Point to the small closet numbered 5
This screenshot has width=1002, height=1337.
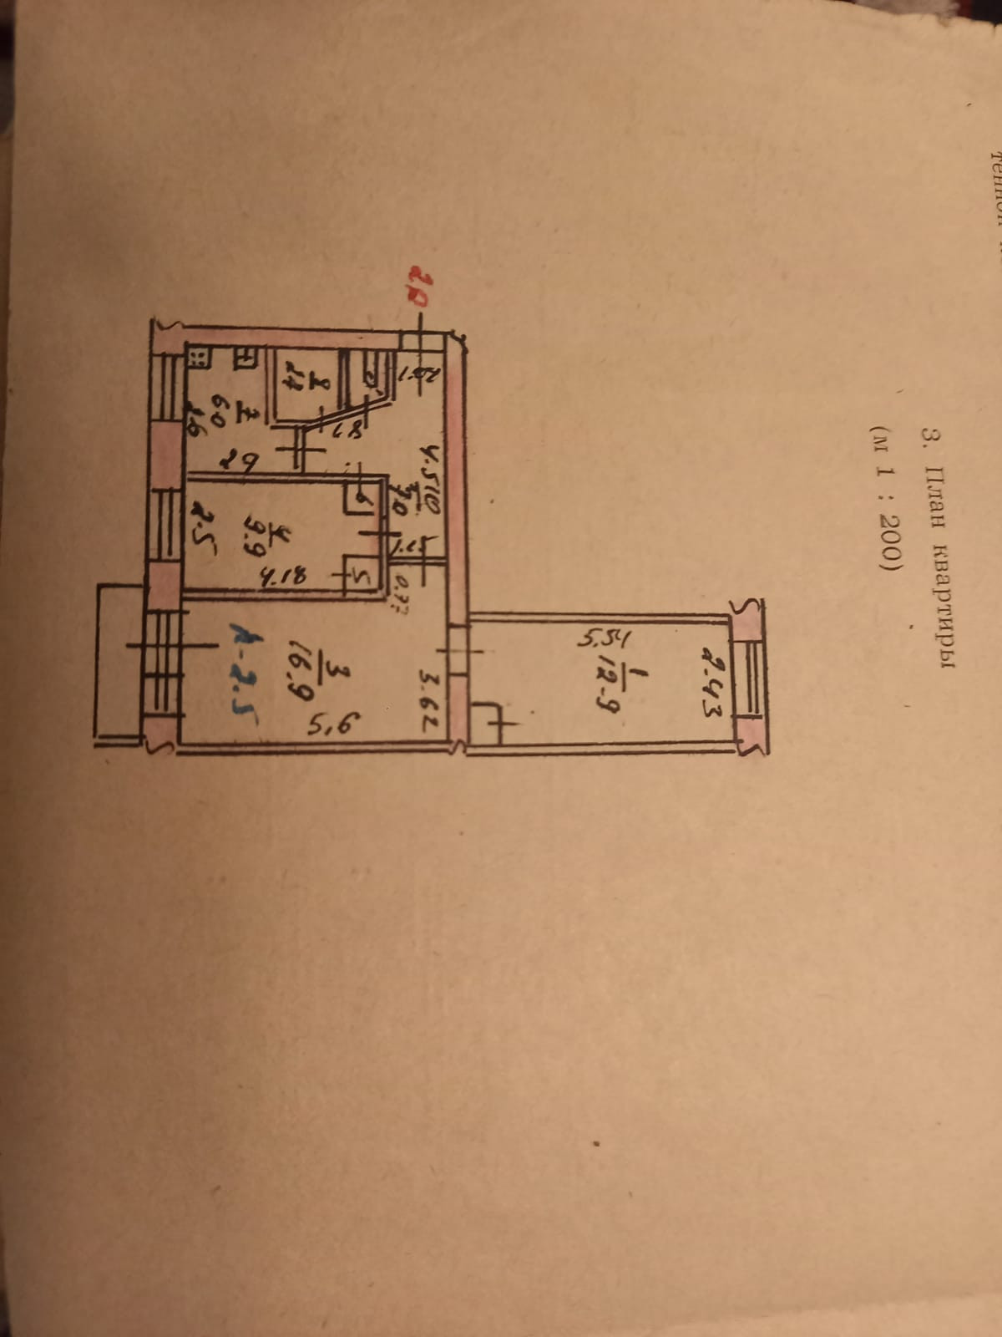[362, 575]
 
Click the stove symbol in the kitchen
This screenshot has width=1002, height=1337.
[199, 360]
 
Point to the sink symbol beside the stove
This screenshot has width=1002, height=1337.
[246, 358]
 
